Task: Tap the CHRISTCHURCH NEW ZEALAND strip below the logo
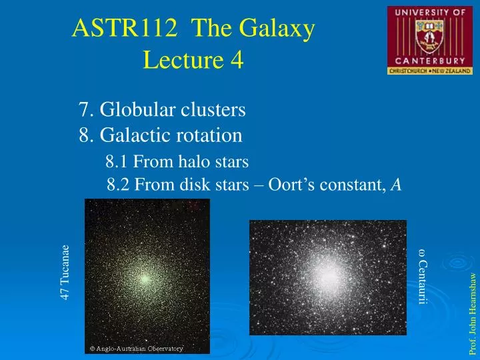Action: point(429,70)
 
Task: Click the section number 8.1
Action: point(117,161)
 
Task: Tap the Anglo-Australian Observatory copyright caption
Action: point(137,348)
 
